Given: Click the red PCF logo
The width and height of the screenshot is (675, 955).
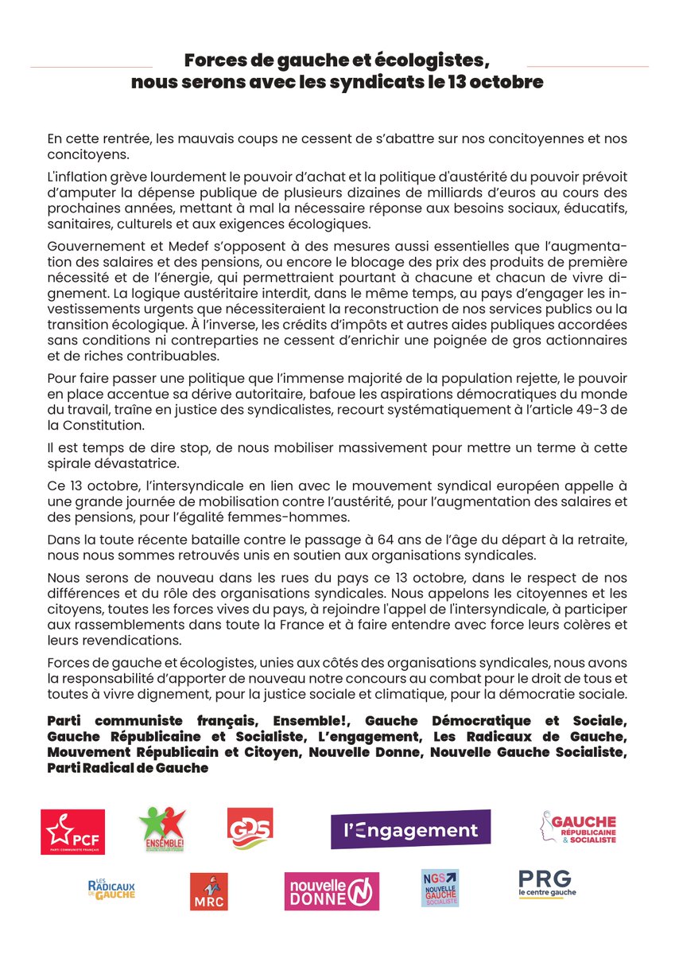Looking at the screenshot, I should [73, 832].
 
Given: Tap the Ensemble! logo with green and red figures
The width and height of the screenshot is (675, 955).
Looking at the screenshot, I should [162, 828].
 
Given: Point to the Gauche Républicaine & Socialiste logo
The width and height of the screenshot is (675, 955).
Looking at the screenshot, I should [578, 831].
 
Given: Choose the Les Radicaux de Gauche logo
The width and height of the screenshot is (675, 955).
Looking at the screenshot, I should [111, 888].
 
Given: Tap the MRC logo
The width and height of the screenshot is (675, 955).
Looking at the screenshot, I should [208, 891].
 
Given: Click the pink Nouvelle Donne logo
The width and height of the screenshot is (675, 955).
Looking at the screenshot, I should [332, 891].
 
